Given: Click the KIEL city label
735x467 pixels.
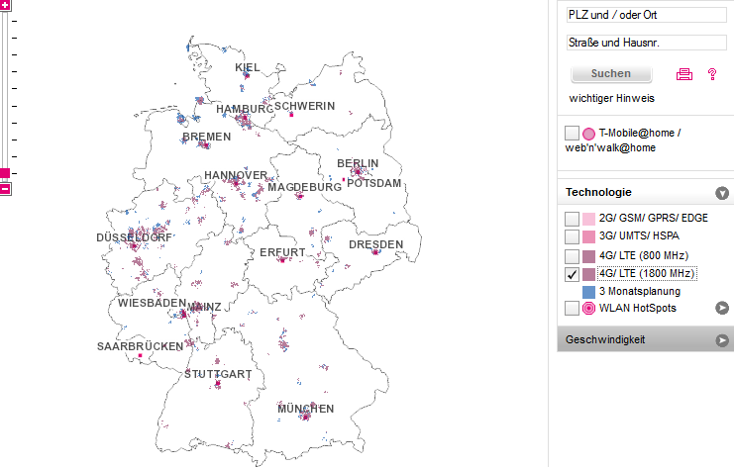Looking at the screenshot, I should point(248,67).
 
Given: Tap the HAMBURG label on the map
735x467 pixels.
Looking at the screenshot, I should point(244,109).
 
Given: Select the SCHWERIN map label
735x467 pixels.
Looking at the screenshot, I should point(305,106).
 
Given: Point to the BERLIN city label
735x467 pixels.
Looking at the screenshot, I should point(358,163).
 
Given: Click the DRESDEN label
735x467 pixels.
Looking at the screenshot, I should point(375,244).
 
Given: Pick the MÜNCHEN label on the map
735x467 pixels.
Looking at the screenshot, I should point(305,409).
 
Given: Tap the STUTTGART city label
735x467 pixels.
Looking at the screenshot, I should point(217,375).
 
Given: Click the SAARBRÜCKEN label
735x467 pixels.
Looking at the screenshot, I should point(140,347).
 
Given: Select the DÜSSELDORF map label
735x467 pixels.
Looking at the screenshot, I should point(134,238).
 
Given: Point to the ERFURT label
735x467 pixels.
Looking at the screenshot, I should point(282,253).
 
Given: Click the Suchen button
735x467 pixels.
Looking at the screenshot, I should point(610,74).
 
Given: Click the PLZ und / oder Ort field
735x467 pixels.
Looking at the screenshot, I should point(646,16).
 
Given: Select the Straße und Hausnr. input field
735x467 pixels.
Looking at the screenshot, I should point(646,44).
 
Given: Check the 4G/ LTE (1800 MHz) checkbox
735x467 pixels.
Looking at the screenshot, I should point(572,274).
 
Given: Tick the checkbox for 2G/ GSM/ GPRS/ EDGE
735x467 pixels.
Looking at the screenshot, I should point(572,219).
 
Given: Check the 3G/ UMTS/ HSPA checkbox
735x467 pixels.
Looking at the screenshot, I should point(572,236).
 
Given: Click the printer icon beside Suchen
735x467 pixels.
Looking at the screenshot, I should point(683,74).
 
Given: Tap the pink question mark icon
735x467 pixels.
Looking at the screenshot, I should point(711,74).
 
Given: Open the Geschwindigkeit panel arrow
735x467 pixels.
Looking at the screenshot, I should point(722,340).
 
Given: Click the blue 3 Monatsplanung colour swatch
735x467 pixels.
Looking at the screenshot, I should point(588,292).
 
